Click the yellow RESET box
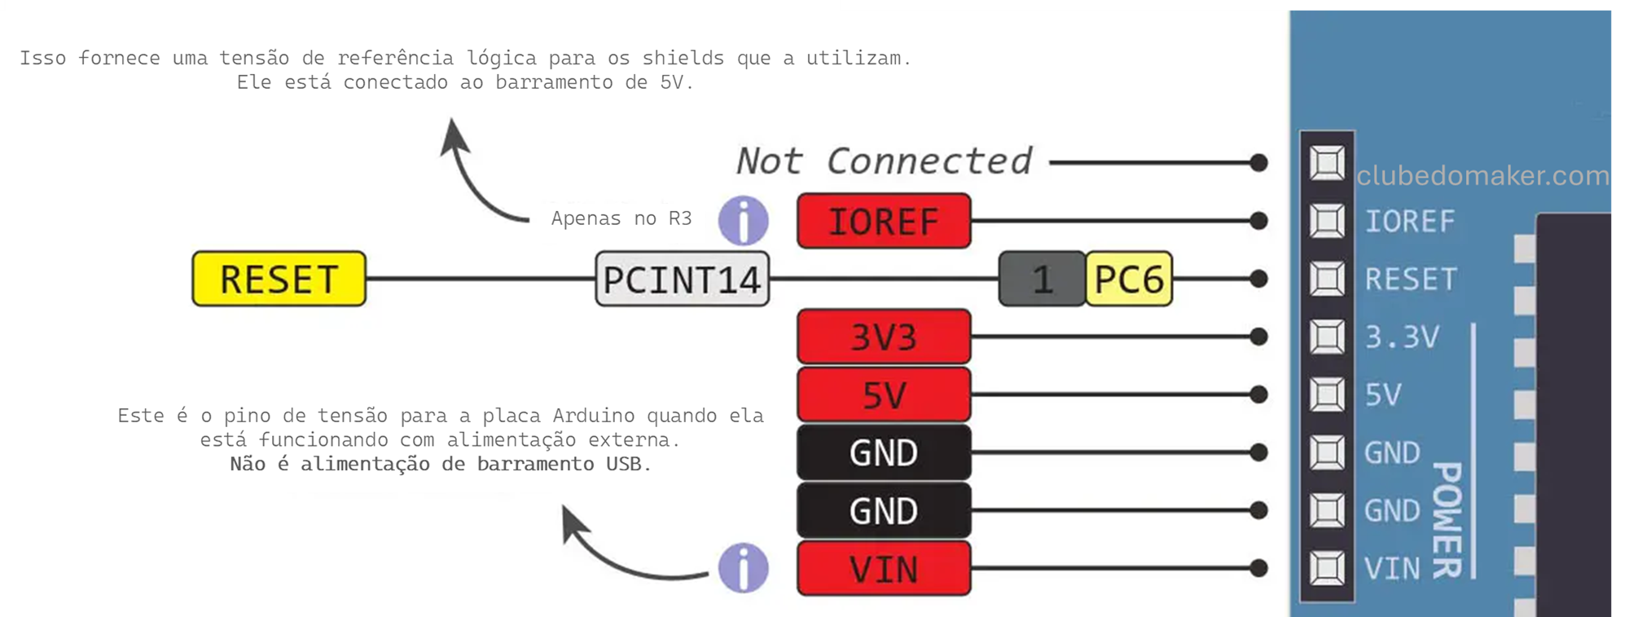tap(279, 279)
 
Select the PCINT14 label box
tap(682, 280)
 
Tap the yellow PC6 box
tap(1129, 279)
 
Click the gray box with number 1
tap(1042, 279)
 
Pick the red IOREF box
tap(884, 221)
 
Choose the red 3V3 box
tap(884, 337)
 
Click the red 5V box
tap(884, 395)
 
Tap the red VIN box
tap(884, 569)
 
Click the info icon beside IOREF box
tap(743, 220)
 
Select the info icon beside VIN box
tap(743, 568)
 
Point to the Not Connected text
tap(884, 161)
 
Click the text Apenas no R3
tap(621, 218)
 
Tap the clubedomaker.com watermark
tap(1482, 175)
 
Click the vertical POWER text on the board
tap(1447, 519)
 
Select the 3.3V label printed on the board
tap(1402, 337)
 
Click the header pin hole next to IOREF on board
tap(1327, 221)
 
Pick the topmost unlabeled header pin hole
tap(1327, 162)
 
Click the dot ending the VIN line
tap(1258, 568)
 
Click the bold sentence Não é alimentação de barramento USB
tap(441, 464)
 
